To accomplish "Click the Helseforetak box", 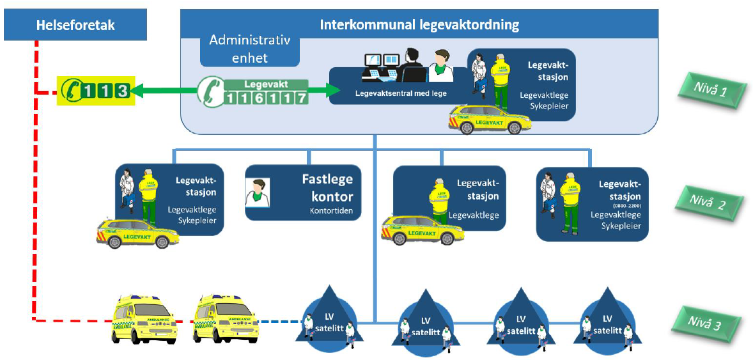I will [x=75, y=26].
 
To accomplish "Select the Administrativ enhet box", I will [x=250, y=49].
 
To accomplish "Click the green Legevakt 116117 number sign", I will [x=252, y=92].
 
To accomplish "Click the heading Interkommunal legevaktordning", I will [x=419, y=25].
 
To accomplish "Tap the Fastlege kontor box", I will [x=303, y=192].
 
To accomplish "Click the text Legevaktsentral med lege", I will [x=392, y=93].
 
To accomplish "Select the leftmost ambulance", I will [x=144, y=320].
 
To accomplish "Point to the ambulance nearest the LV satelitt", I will [x=227, y=320].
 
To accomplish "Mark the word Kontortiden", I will [x=331, y=210].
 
